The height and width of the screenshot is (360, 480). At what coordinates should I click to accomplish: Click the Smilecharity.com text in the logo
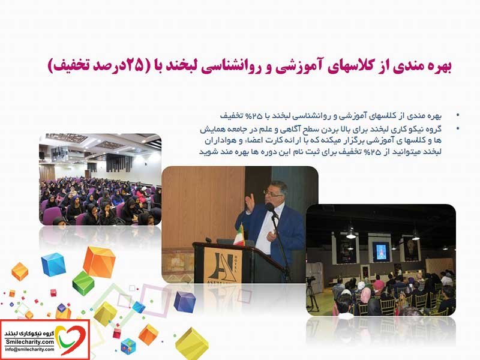click(x=29, y=342)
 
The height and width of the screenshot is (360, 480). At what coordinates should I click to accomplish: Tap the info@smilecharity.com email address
click(x=29, y=349)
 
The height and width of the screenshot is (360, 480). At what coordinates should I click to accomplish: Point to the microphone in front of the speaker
click(x=271, y=209)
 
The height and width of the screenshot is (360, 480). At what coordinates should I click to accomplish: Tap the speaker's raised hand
click(x=250, y=202)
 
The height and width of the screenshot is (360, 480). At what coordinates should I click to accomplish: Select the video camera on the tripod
click(x=310, y=280)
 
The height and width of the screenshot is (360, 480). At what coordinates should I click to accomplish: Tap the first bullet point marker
click(x=458, y=115)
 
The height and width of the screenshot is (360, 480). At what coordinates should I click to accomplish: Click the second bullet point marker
click(x=458, y=128)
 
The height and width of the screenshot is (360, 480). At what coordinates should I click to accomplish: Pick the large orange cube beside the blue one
click(x=99, y=262)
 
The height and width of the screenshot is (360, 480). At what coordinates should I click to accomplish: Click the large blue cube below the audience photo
click(x=53, y=264)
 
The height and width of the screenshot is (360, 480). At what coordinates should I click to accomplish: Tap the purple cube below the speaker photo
click(x=184, y=302)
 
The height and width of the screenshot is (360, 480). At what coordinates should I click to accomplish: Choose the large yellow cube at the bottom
click(x=191, y=342)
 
